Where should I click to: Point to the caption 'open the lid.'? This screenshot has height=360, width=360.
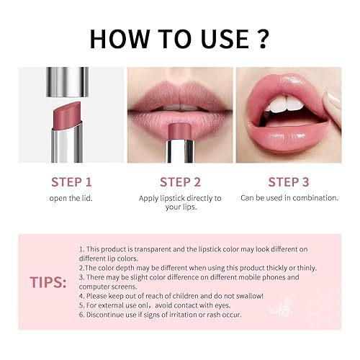point(70,198)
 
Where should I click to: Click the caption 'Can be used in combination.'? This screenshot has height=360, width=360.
point(288,197)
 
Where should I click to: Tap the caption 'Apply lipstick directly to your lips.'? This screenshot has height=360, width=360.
point(179,202)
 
